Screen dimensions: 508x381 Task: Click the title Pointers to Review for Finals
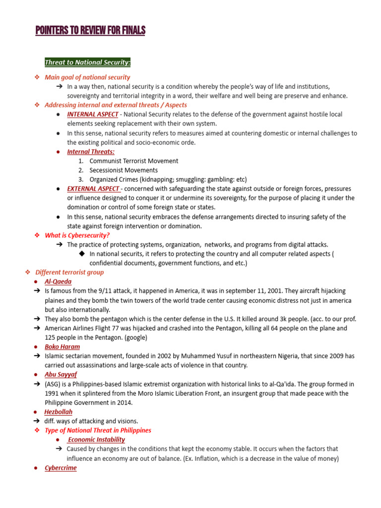[x=90, y=31]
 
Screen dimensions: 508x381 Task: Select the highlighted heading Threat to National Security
[x=88, y=63]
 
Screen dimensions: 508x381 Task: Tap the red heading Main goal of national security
[x=87, y=77]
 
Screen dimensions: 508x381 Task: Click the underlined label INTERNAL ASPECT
[x=93, y=114]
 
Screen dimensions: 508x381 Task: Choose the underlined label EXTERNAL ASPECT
[x=93, y=189]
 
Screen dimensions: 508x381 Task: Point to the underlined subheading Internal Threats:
[x=91, y=152]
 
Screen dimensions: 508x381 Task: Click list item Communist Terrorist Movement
[x=134, y=161]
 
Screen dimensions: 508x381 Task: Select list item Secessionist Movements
[x=124, y=170]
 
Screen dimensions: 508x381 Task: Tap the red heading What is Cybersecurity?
[x=77, y=235]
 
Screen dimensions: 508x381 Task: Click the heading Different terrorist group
[x=69, y=272]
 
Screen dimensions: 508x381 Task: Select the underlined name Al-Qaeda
[x=58, y=282]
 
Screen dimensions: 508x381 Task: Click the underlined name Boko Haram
[x=62, y=347]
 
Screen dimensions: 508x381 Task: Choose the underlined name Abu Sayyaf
[x=61, y=375]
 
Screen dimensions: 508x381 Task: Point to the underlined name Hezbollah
[x=58, y=412]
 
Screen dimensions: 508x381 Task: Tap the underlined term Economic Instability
[x=96, y=440]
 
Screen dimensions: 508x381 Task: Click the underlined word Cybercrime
[x=61, y=468]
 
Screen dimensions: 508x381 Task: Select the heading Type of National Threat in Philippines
[x=98, y=430]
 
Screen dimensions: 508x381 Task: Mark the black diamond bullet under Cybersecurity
[x=82, y=254]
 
